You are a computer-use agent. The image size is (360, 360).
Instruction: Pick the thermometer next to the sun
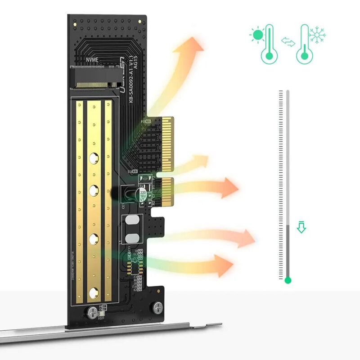[269, 44]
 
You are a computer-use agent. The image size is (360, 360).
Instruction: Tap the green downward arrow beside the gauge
[301, 228]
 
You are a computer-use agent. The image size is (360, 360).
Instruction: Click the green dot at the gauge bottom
[288, 280]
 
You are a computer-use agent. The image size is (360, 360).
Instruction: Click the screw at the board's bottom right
[157, 308]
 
